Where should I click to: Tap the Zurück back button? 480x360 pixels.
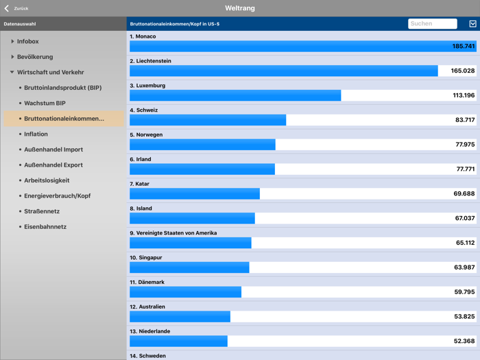(16, 8)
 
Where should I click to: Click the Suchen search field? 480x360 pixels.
(432, 23)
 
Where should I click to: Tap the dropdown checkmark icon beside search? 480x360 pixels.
(472, 23)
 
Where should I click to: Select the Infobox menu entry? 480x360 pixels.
(27, 42)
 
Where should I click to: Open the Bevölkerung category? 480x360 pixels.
(34, 57)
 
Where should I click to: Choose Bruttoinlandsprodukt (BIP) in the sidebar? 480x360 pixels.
(62, 88)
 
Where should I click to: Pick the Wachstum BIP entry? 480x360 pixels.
(45, 103)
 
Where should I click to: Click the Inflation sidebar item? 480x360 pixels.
(36, 134)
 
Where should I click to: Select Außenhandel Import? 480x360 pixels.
(53, 149)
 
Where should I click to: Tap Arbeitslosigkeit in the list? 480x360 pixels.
(47, 180)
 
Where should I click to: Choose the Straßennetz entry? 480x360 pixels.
(41, 211)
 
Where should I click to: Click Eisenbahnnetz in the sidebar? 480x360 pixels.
(45, 226)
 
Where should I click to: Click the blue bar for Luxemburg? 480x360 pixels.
(235, 95)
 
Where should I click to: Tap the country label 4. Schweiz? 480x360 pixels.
(144, 110)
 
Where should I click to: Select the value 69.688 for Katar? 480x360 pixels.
(464, 194)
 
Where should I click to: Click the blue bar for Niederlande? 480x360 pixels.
(178, 341)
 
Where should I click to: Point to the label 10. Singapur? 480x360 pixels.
(146, 257)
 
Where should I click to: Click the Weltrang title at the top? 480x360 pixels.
(239, 8)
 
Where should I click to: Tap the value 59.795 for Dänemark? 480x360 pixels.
(464, 292)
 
